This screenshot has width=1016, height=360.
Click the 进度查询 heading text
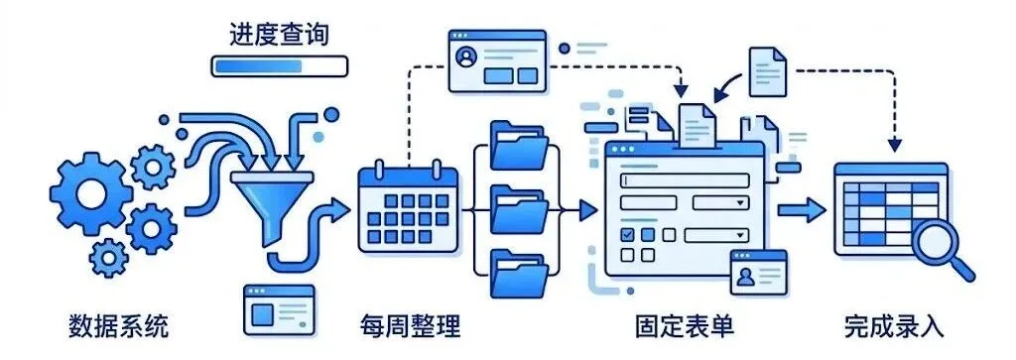[279, 35]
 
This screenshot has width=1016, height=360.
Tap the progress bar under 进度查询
[279, 66]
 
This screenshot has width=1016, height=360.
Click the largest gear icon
[90, 193]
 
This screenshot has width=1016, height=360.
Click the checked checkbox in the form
[627, 234]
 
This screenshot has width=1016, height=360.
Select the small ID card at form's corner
[759, 272]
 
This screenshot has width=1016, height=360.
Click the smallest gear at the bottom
[108, 258]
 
